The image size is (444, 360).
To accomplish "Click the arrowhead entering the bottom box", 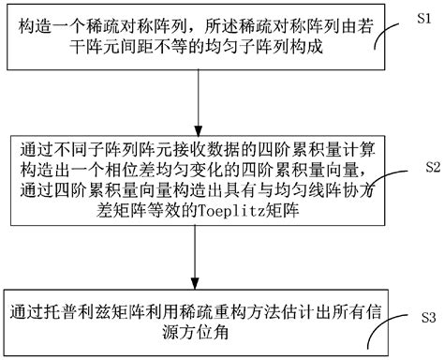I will (x=200, y=285).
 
